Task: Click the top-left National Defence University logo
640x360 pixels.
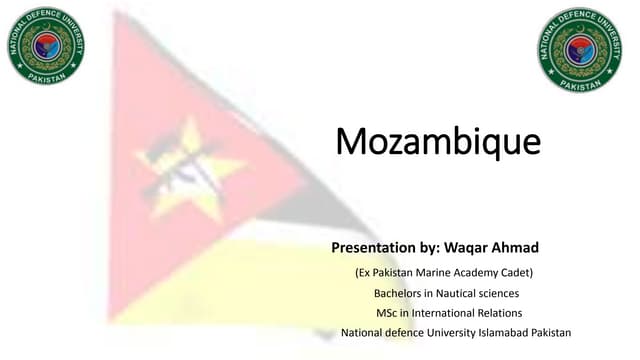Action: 46,49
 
